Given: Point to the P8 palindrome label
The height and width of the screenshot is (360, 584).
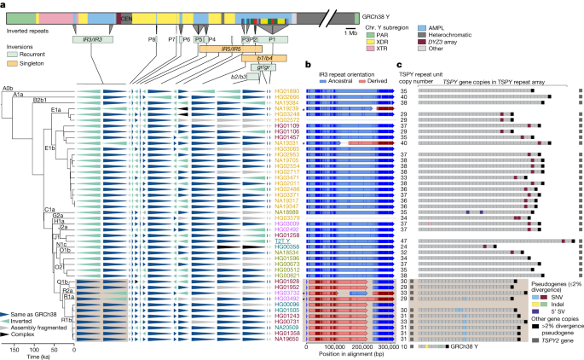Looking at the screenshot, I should point(153,39).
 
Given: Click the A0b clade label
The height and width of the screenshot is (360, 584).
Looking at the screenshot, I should point(6,88).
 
